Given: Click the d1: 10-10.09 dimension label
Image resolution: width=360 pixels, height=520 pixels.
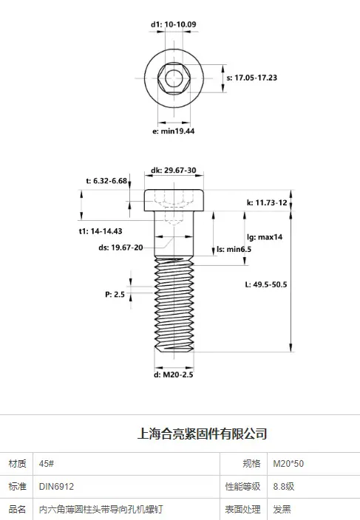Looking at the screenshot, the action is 173,24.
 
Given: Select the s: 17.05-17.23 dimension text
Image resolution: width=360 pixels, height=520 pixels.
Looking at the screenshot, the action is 251,78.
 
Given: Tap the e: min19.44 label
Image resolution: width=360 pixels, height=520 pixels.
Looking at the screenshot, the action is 173,131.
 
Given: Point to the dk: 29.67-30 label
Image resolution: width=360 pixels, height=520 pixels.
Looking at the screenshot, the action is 173,170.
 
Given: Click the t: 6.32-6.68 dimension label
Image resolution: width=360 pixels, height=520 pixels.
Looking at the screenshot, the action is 106,181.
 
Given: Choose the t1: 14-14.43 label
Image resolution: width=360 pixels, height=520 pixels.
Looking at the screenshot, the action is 101,231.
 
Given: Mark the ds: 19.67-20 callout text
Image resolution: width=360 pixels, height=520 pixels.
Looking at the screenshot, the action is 120,247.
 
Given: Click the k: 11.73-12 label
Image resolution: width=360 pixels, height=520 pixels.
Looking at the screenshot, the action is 267,202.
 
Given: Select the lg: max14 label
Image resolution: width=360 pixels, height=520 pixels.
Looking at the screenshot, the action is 265,237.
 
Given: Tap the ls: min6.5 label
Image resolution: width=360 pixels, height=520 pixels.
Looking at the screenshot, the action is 234,249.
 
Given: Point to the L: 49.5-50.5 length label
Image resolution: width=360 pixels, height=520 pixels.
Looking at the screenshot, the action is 266,284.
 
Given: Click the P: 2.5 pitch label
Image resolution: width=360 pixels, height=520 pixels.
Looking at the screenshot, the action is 115,295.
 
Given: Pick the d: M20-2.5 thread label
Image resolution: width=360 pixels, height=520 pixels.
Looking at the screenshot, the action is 173,374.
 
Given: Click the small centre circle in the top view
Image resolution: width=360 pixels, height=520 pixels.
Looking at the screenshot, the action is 174,78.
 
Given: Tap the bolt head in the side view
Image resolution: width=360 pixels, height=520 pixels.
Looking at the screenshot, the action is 174,200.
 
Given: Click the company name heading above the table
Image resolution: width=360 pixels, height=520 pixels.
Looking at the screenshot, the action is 202,434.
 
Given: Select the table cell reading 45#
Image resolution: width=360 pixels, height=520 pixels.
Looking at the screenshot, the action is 46,464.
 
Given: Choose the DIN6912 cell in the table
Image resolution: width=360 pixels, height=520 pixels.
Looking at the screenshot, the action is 56,487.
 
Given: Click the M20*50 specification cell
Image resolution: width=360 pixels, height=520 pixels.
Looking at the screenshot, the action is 288,464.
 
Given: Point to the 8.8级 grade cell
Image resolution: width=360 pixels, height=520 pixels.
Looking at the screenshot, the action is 284,487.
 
